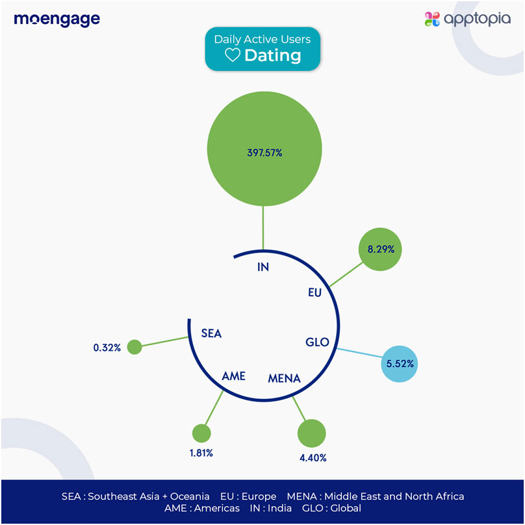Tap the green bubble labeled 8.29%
(x=381, y=249)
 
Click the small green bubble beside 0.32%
(x=134, y=347)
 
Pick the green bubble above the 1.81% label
(x=202, y=433)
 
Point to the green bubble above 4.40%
(x=311, y=433)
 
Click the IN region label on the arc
(x=263, y=267)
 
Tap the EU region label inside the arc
(x=315, y=293)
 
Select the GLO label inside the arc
(x=318, y=342)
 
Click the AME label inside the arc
(x=233, y=376)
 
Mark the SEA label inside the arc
(x=212, y=334)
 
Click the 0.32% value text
(x=107, y=348)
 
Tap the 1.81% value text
(x=201, y=454)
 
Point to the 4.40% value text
(x=313, y=458)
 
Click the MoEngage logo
(x=57, y=19)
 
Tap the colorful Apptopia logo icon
(x=432, y=19)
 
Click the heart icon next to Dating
(x=232, y=56)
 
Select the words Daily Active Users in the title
(x=262, y=40)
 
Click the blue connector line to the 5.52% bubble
(x=361, y=353)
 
